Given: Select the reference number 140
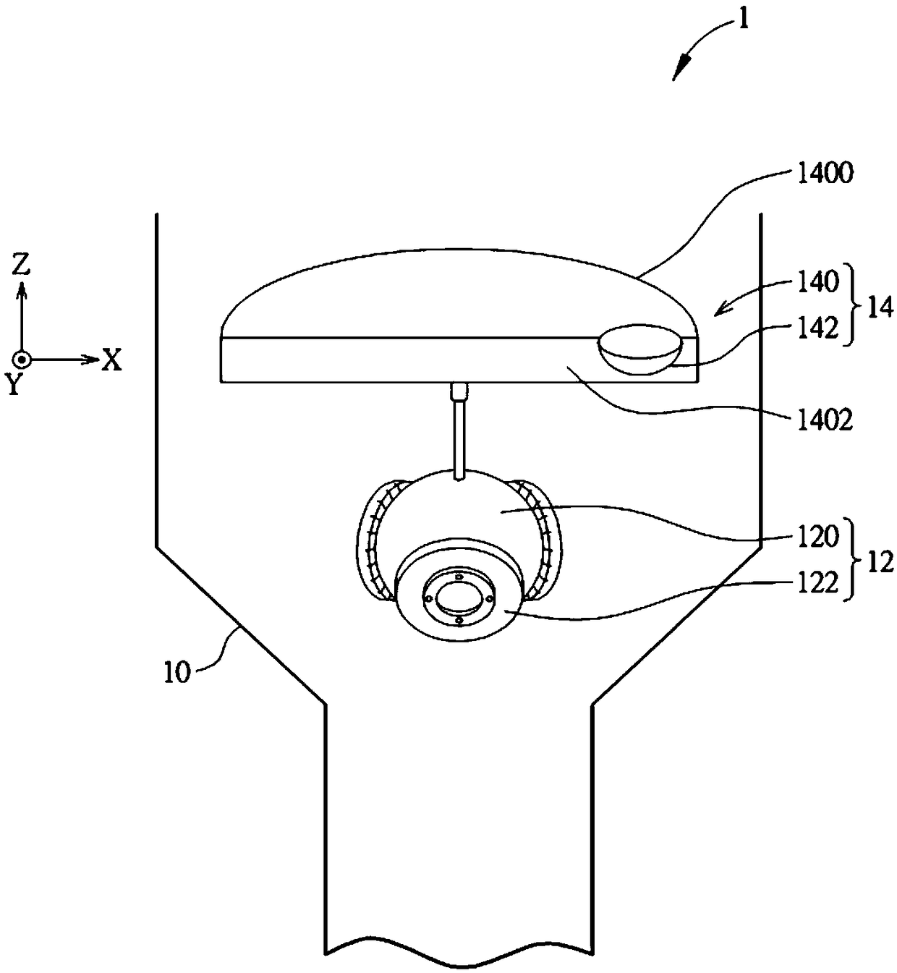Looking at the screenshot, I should coord(818,281).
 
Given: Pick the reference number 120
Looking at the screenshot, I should coord(818,538).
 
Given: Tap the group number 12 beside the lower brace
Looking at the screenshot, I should coord(880,562).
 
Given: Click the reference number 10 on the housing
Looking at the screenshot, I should coord(176,672).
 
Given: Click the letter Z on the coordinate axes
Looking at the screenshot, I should coord(22,265).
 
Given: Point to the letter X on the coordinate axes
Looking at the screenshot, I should coord(111,360).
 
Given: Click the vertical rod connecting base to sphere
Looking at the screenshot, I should coord(459,434).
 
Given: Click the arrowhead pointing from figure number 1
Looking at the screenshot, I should coord(679,69).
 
